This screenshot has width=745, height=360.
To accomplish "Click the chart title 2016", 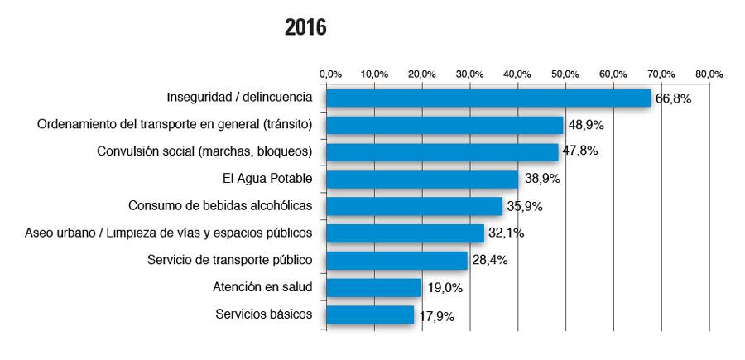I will click(x=305, y=28).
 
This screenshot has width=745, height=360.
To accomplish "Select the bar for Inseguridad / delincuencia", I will click(x=488, y=98).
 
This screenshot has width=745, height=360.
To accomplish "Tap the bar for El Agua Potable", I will click(x=422, y=179).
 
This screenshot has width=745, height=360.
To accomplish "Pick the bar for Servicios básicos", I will click(x=370, y=314).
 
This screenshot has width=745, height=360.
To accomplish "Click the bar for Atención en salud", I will click(x=373, y=287).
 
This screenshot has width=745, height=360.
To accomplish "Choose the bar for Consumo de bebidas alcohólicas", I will click(x=414, y=206).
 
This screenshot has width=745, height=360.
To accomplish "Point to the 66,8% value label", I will click(x=673, y=98).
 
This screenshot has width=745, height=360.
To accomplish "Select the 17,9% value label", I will click(x=435, y=315).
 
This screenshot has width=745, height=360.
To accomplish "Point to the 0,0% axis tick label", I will click(x=329, y=74).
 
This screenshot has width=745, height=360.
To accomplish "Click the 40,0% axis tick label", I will click(x=518, y=74).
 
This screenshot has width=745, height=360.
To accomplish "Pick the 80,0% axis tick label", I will click(x=709, y=74).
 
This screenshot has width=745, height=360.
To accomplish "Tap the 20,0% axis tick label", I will click(x=423, y=74).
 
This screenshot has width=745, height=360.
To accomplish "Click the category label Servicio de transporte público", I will click(x=229, y=260).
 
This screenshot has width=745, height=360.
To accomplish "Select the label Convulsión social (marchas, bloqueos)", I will click(x=204, y=151).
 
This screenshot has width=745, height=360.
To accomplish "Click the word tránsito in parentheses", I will click(x=286, y=125).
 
